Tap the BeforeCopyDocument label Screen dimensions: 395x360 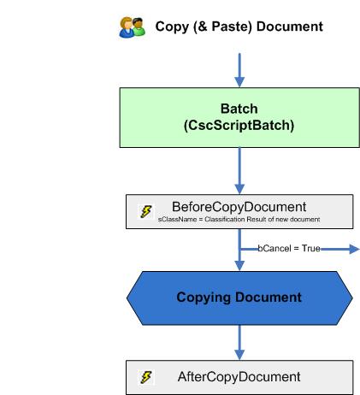coord(239,207)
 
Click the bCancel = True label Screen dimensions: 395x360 coord(288,249)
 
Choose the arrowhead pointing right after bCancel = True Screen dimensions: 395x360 coord(351,249)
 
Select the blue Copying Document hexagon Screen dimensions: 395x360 coord(239,298)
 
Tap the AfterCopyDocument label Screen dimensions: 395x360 coord(239,376)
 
